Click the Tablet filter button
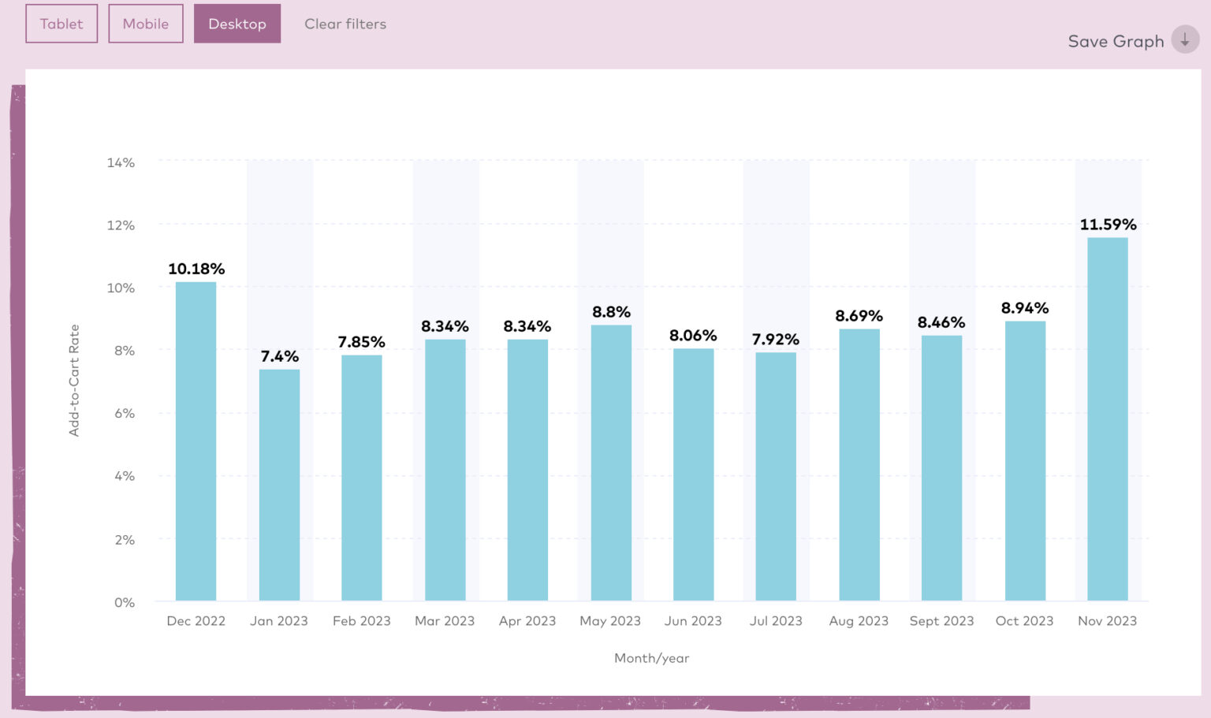click(x=61, y=24)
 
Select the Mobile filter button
click(x=146, y=24)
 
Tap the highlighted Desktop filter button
click(x=237, y=24)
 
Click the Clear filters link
click(x=345, y=24)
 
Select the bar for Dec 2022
click(x=196, y=441)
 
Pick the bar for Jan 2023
click(x=279, y=485)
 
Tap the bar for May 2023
click(x=611, y=463)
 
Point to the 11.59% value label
click(x=1108, y=225)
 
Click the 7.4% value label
click(x=279, y=356)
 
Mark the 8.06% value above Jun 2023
click(x=693, y=336)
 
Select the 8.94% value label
click(x=1024, y=308)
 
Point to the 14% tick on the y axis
click(x=121, y=162)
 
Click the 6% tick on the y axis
click(x=124, y=413)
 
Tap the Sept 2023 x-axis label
click(x=941, y=621)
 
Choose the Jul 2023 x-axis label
click(x=776, y=621)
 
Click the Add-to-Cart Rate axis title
click(x=74, y=380)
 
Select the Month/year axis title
click(x=651, y=658)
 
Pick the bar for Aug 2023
click(x=859, y=465)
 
